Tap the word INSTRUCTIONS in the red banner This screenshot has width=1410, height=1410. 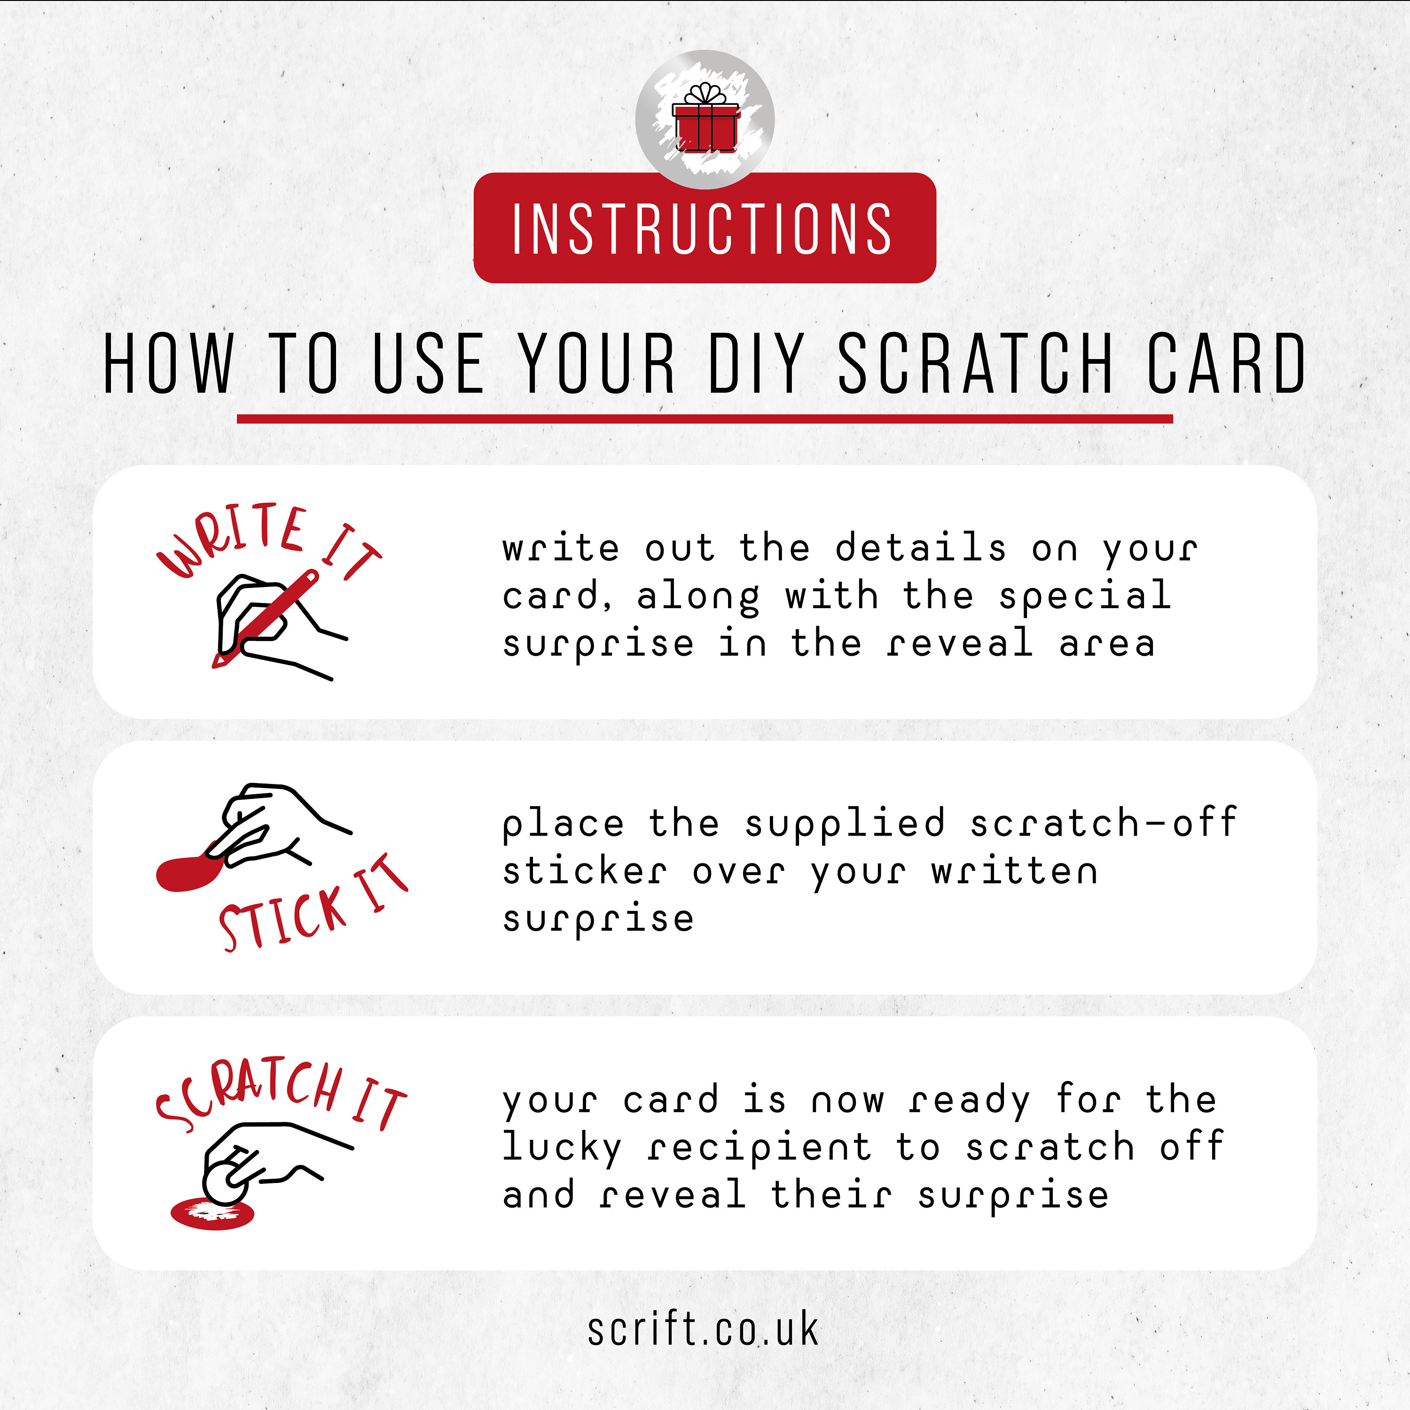[702, 229]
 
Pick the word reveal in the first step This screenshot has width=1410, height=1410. [960, 644]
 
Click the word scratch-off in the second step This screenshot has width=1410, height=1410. [1103, 823]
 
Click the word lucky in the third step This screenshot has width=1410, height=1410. [562, 1149]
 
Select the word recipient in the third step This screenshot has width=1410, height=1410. [759, 1149]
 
